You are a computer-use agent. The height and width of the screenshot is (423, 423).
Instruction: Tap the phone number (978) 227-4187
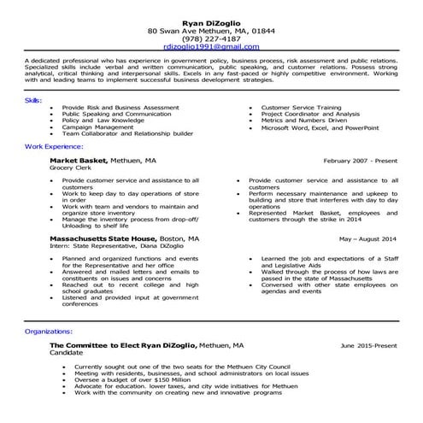point(211,38)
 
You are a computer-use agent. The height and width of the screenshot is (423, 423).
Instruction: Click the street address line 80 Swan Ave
point(211,29)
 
